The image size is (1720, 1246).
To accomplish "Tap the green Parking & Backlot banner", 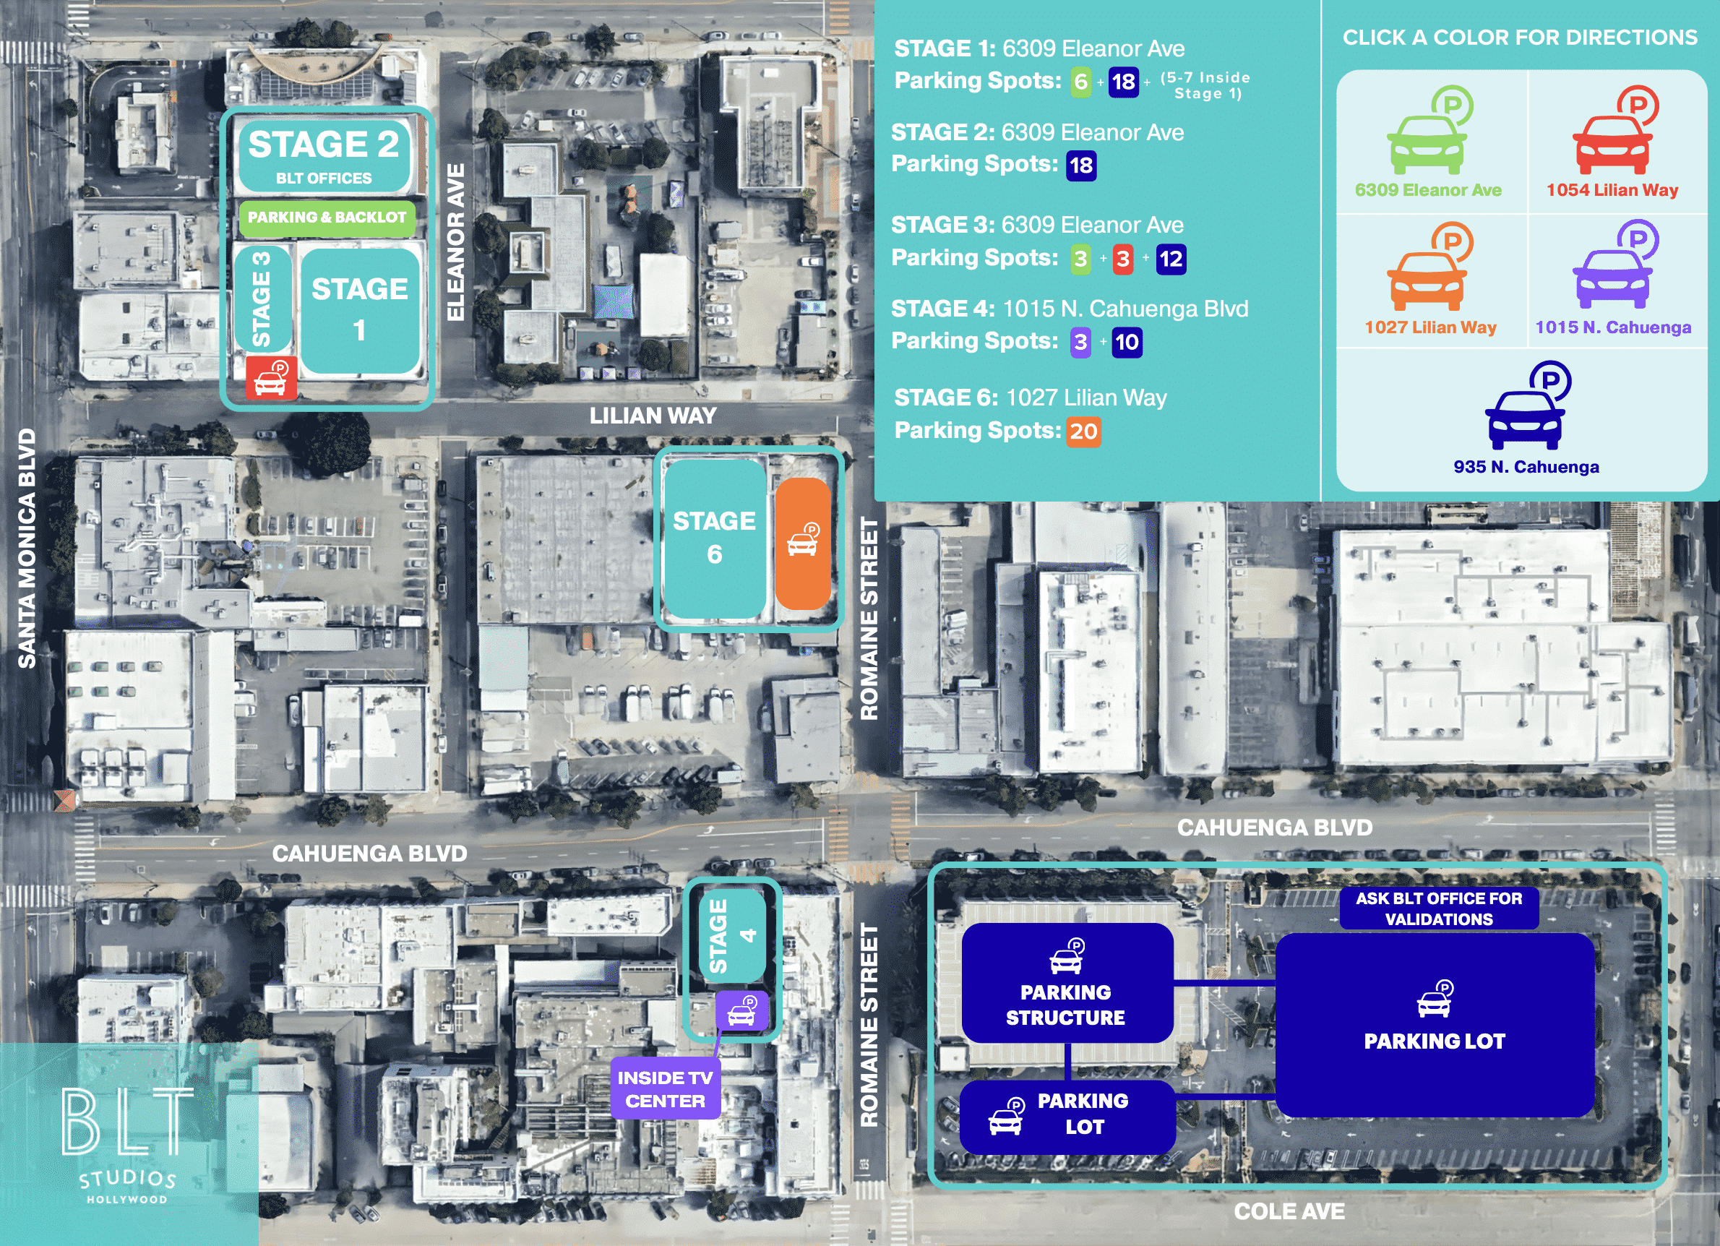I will pos(327,218).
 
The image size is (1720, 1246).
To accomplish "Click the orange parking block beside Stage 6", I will pos(803,543).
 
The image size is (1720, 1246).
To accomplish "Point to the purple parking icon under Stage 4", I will pos(742,1011).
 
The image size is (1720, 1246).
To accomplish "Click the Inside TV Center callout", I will pos(665,1089).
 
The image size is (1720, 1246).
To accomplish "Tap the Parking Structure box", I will pos(1066,983).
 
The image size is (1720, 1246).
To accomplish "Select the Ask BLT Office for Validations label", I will pos(1439,908).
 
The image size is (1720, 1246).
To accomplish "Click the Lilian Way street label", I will pos(653,416).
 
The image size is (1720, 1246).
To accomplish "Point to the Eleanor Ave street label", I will pos(455,242).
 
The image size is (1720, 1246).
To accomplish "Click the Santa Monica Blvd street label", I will pos(27,549).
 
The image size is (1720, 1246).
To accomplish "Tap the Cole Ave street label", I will pos(1289,1212).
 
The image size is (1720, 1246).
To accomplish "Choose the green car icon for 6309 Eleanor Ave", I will pos(1429,134).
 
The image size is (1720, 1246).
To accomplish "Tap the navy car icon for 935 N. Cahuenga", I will pos(1526,409).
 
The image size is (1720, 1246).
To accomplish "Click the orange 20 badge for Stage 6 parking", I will pos(1084,431).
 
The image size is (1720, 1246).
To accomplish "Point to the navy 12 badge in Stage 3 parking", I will pos(1170,259).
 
